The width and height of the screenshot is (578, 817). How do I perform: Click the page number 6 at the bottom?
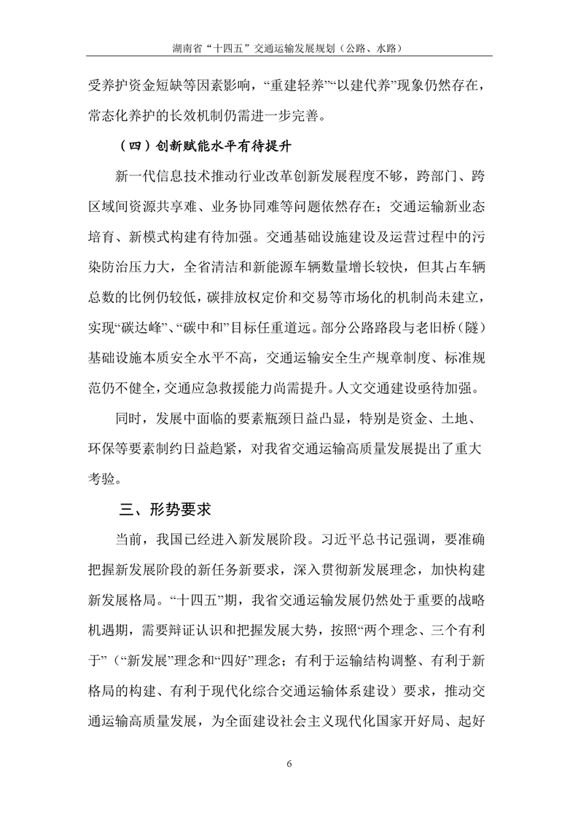(x=289, y=763)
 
